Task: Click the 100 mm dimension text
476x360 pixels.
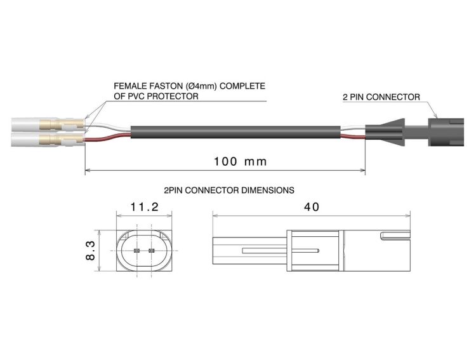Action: pos(231,162)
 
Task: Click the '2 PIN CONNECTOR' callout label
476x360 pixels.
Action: pos(381,97)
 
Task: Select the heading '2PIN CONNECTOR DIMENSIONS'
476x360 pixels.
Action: pos(228,190)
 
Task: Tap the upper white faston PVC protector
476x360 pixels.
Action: pos(25,123)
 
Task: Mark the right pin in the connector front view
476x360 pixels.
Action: pos(151,251)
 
